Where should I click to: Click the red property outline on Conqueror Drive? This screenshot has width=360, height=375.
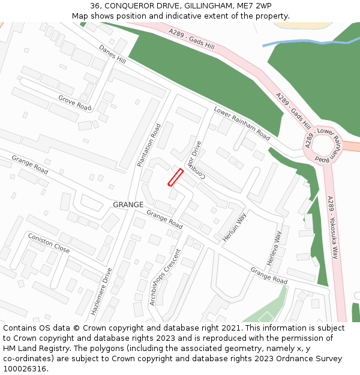coord(175,178)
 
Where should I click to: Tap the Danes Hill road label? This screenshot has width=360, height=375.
coord(112,55)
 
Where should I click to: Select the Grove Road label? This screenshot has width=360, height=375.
coord(74,103)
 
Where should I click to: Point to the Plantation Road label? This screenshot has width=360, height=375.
coord(149,145)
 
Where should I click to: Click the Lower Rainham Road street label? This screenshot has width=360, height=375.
coord(242,123)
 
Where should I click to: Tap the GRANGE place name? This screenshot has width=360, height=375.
coord(128,205)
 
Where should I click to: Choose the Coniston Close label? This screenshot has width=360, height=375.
coord(49,243)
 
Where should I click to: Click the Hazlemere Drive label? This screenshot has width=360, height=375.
coord(101,292)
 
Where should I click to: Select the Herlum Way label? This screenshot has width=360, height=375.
coord(235,227)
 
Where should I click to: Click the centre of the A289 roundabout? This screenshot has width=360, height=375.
coord(323,146)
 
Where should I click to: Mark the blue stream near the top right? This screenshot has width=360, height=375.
coord(300,42)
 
